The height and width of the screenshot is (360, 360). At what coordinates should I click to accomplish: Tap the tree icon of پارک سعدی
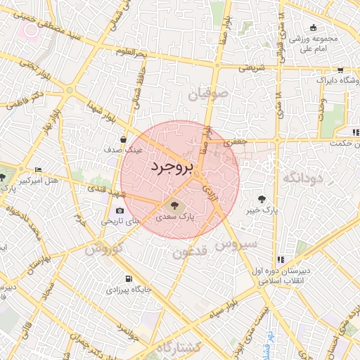pyautogui.click(x=174, y=206)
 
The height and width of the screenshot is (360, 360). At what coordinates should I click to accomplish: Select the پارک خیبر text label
pyautogui.click(x=262, y=210)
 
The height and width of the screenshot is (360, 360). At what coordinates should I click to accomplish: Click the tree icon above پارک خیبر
pyautogui.click(x=262, y=199)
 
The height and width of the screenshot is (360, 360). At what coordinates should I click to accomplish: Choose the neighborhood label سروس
pyautogui.click(x=237, y=245)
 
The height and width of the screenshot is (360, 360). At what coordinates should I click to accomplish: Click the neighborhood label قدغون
pyautogui.click(x=189, y=251)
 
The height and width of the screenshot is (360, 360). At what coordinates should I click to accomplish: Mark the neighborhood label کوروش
pyautogui.click(x=104, y=248)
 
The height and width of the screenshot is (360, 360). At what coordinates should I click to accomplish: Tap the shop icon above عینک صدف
pyautogui.click(x=124, y=139)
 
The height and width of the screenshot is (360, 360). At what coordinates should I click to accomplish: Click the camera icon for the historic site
pyautogui.click(x=120, y=210)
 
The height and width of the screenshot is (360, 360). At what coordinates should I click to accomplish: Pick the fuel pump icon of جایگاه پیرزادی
pyautogui.click(x=128, y=278)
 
